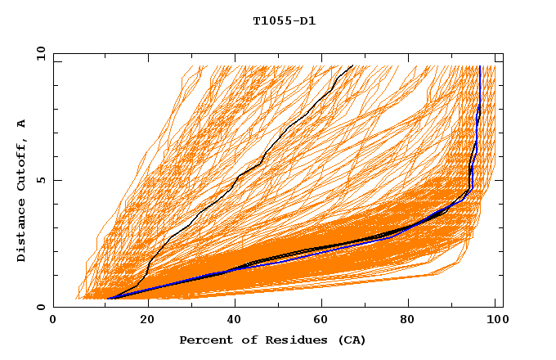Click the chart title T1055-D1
click(284, 21)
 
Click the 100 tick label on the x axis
click(495, 320)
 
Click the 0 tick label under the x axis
click(54, 320)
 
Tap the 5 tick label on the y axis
click(38, 180)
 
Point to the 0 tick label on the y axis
click(38, 307)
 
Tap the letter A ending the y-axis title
click(21, 124)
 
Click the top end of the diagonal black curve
click(352, 65)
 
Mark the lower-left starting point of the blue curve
click(110, 299)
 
